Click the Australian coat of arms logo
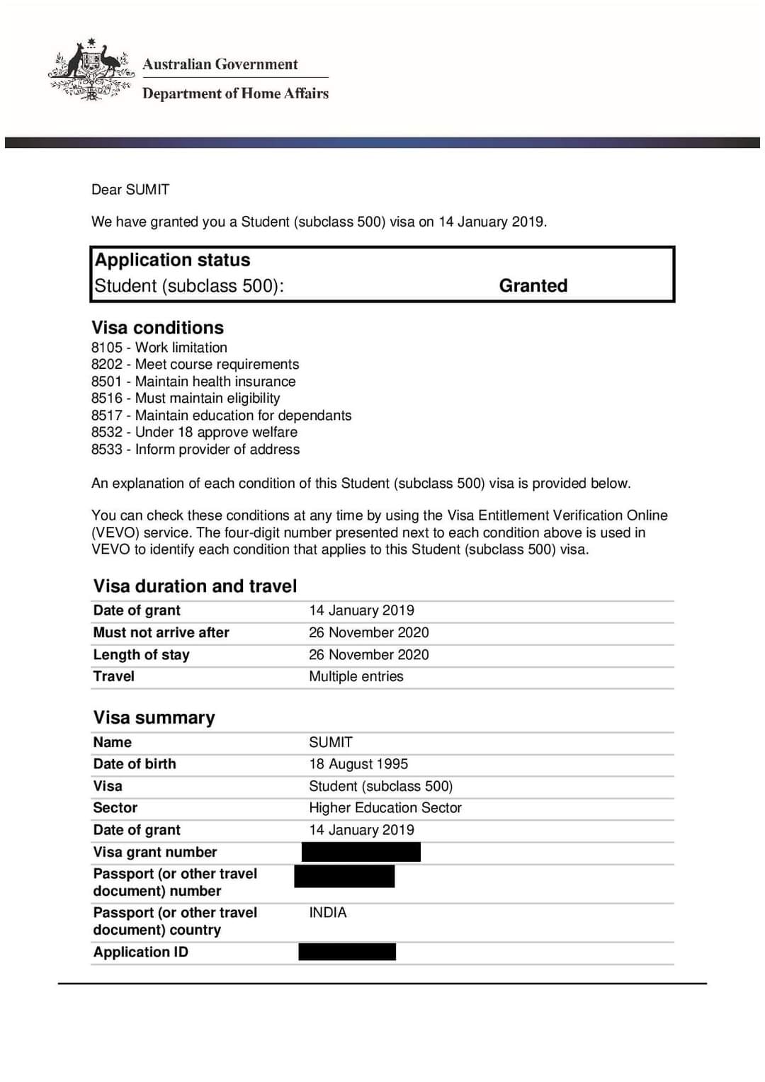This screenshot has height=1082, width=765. [x=91, y=71]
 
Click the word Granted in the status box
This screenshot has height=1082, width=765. [x=533, y=285]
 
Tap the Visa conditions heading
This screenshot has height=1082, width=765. [x=157, y=327]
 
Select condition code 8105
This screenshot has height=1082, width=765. [x=106, y=347]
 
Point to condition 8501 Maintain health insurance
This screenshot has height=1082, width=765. [x=193, y=381]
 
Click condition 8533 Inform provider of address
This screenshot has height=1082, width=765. [x=195, y=449]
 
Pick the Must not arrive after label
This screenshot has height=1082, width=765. [x=161, y=632]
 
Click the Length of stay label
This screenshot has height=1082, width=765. [x=141, y=654]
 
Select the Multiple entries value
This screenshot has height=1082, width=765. [x=356, y=676]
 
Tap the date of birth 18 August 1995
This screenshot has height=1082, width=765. [x=358, y=764]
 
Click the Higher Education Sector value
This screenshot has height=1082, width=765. [x=385, y=808]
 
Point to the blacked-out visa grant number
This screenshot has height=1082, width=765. [x=361, y=852]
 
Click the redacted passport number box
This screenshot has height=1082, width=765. [x=344, y=877]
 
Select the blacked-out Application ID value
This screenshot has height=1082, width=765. [x=347, y=952]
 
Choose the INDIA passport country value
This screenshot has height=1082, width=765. [x=327, y=913]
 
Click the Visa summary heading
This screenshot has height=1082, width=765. [x=154, y=717]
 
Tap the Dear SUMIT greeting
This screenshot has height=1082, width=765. [x=130, y=189]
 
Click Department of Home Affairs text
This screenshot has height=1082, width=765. [x=235, y=93]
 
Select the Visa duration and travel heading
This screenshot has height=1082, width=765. [x=195, y=586]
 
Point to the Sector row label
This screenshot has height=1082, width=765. [x=115, y=808]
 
